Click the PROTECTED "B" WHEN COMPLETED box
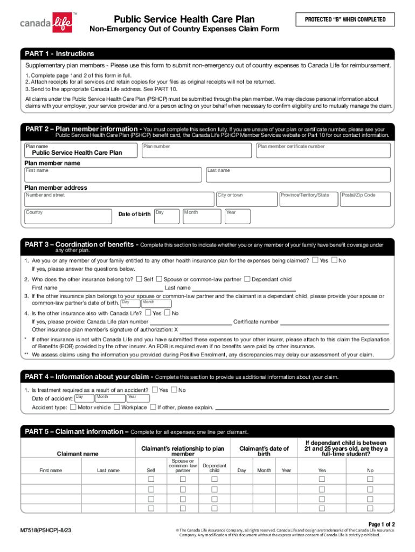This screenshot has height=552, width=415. click(345, 20)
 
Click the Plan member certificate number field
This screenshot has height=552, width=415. click(323, 151)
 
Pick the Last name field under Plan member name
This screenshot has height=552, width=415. click(298, 175)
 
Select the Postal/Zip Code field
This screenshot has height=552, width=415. click(365, 199)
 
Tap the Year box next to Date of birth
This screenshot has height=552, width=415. click(238, 216)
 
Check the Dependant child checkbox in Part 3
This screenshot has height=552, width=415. click(247, 279)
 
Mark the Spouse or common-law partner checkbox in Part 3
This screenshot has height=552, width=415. click(158, 279)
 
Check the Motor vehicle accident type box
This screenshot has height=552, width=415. click(73, 408)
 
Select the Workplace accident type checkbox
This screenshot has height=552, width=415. click(116, 408)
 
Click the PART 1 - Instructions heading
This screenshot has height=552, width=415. click(60, 54)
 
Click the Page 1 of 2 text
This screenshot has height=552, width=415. click(382, 524)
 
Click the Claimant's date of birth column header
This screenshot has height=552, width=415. click(264, 451)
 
